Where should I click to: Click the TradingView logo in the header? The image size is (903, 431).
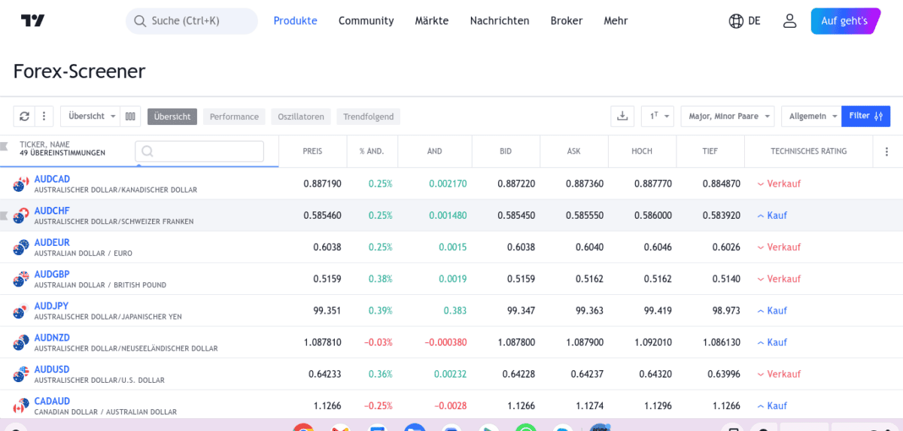pos(32,21)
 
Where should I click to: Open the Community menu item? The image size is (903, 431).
pos(366,21)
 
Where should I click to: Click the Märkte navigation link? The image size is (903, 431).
pos(431,21)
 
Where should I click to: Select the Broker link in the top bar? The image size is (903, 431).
pos(566,21)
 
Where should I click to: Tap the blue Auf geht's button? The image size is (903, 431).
pos(845,21)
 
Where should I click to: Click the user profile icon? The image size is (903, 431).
pos(789,21)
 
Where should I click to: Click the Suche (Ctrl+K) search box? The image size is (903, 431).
pos(192,21)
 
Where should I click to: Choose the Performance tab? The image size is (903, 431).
pos(234,117)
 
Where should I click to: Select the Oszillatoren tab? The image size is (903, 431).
pos(300,117)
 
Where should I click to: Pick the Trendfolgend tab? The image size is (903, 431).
pos(368,117)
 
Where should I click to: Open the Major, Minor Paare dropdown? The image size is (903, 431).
pos(727,116)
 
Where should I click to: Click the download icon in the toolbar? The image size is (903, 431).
pos(622,116)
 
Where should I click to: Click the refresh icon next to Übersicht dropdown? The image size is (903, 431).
pos(24,116)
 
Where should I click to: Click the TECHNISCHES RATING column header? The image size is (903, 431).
pos(808,151)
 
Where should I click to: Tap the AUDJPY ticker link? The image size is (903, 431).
pos(51,306)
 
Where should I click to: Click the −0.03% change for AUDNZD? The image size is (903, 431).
pos(379,342)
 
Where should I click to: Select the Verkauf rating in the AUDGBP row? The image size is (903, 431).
pos(783,279)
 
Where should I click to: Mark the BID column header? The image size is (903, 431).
pos(506,151)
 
